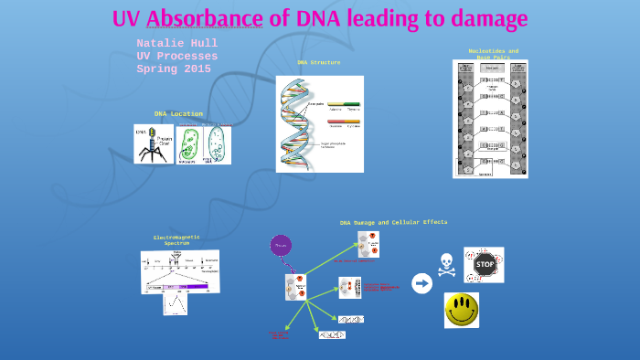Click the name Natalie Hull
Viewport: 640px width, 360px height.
click(x=176, y=43)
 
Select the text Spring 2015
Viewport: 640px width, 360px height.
click(x=174, y=69)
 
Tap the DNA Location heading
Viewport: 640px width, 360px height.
click(x=178, y=114)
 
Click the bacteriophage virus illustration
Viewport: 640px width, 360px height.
click(x=153, y=144)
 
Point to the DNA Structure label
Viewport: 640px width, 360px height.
click(x=318, y=63)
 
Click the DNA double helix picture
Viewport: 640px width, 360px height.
click(x=319, y=123)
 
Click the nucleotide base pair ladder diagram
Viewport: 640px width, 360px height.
click(x=490, y=119)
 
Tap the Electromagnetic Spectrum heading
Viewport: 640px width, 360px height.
click(x=176, y=240)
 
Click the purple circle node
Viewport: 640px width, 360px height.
click(x=281, y=245)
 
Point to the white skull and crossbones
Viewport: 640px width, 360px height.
click(x=446, y=263)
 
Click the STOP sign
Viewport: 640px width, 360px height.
click(x=484, y=265)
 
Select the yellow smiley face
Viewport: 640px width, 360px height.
click(x=462, y=310)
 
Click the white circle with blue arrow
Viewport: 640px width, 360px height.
click(x=421, y=284)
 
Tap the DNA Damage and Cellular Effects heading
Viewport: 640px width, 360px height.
click(x=393, y=222)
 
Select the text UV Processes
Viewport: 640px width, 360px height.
click(x=176, y=56)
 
